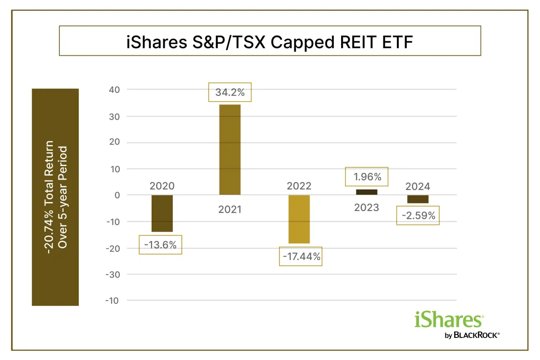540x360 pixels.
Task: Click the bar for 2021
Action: pos(230,150)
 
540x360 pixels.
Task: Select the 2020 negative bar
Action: pos(162,213)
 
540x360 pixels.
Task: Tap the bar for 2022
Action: pos(299,219)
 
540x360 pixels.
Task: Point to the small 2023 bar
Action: pos(366,192)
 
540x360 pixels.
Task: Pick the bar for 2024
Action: pos(418,199)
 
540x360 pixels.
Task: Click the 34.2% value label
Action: pos(230,92)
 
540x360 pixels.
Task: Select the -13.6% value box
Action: pos(160,245)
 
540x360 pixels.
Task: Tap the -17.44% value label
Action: pos(301,256)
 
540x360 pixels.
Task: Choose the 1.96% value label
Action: pos(366,177)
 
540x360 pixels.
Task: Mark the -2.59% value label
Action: pos(418,216)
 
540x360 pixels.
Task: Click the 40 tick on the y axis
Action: pos(114,90)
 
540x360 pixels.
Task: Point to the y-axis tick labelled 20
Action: pos(114,142)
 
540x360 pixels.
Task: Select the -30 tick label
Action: pos(113,274)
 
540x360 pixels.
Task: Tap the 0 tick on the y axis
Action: pos(117,195)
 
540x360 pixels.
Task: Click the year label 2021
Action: pos(230,210)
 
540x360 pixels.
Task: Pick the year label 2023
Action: pos(366,207)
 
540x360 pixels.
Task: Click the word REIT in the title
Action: pos(357,42)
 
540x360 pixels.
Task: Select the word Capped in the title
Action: pos(302,43)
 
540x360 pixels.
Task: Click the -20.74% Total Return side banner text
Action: pos(48,197)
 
